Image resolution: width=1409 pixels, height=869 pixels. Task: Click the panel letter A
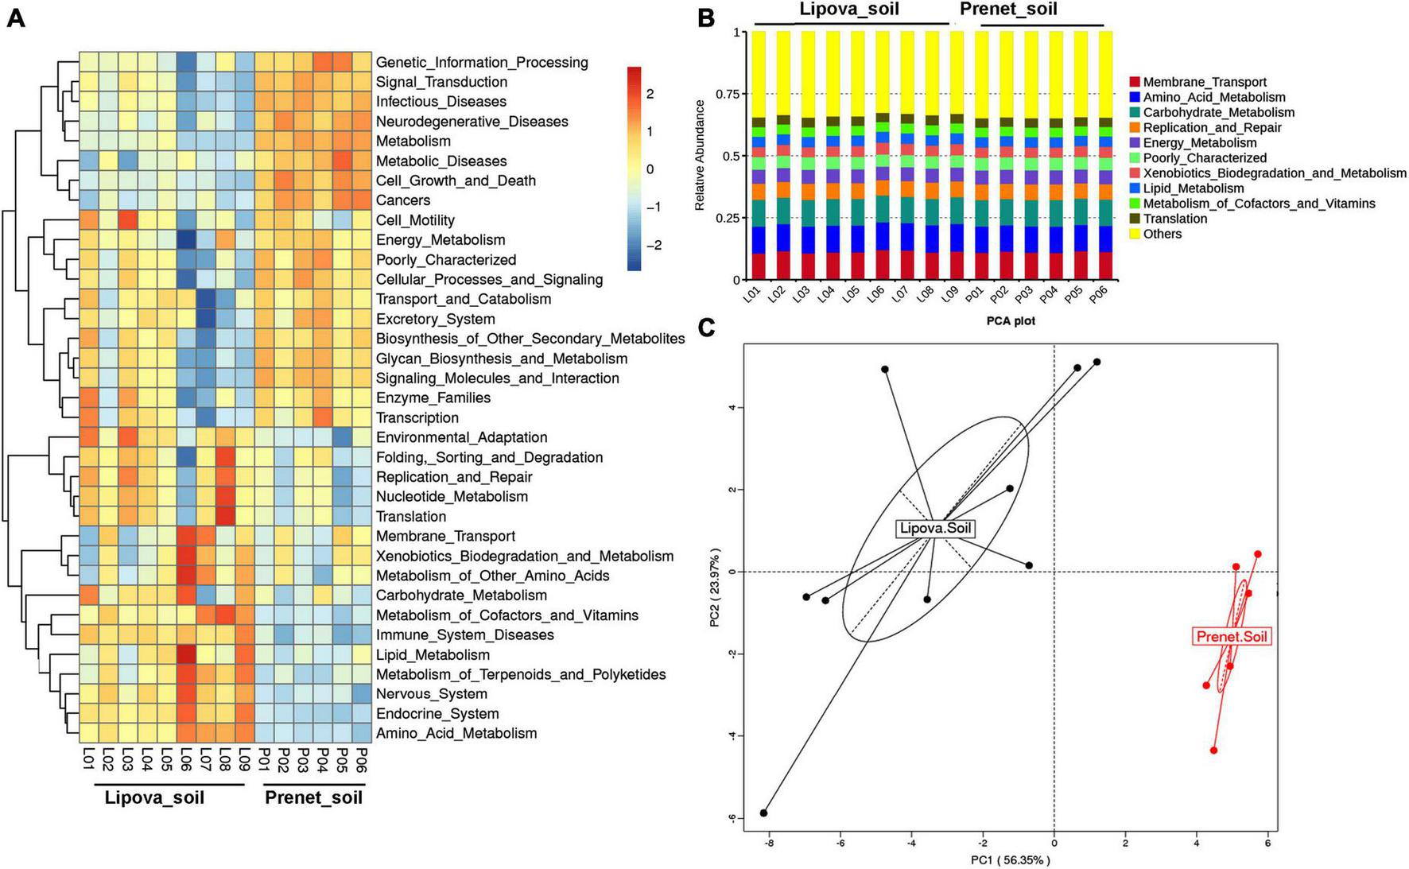16,17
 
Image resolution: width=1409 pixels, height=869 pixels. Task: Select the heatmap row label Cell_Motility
415,220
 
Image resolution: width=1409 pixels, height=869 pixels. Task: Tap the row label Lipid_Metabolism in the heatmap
433,655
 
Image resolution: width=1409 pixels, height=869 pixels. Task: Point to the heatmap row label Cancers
403,200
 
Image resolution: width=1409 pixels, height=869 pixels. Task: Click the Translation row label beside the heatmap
411,517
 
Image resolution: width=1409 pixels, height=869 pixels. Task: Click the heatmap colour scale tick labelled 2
650,94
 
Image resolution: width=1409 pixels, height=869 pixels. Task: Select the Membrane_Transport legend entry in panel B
1204,82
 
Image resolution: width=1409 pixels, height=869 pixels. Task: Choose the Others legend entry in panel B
1162,234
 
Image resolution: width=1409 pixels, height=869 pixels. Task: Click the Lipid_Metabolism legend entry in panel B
1193,188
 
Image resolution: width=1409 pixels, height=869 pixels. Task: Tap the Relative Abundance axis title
700,155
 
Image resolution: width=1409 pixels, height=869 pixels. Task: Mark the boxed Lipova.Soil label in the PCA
934,529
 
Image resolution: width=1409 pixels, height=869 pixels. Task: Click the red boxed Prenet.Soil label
1232,637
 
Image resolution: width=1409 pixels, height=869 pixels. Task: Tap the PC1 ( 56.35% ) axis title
1010,859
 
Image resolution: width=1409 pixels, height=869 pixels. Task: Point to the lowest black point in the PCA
764,813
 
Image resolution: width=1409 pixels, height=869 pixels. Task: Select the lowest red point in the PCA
1213,751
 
